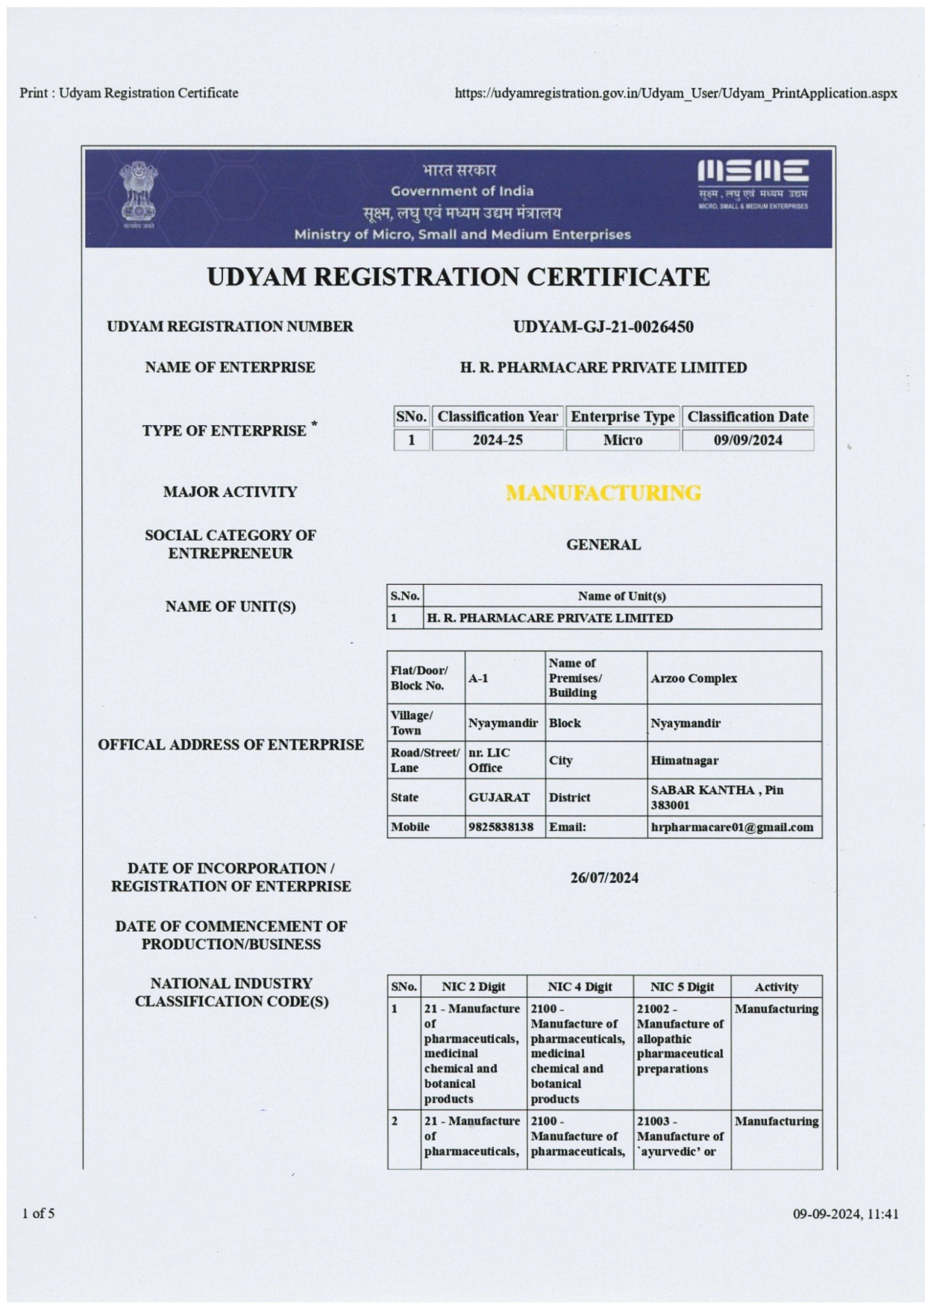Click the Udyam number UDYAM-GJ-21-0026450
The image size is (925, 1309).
point(603,327)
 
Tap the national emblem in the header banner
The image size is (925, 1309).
point(139,195)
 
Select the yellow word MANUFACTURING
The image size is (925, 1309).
point(603,493)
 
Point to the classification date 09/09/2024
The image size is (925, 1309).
point(747,440)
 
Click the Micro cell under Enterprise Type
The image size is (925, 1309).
point(622,440)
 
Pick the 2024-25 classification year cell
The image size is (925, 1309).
point(497,440)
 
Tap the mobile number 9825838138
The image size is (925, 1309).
point(501,827)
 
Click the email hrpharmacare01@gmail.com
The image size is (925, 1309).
point(732,827)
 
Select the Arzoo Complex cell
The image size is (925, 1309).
point(694,678)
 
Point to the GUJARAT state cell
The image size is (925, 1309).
point(499,797)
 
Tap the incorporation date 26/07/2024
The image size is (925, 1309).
point(604,878)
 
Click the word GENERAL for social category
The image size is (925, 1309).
point(603,544)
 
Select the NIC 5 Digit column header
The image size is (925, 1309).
point(682,987)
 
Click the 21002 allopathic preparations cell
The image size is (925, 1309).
point(680,1038)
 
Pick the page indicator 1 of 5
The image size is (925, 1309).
point(39,1214)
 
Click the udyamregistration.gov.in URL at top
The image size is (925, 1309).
point(676,93)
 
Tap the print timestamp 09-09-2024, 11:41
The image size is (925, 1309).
point(845,1214)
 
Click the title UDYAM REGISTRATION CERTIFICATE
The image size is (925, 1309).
point(458,277)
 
